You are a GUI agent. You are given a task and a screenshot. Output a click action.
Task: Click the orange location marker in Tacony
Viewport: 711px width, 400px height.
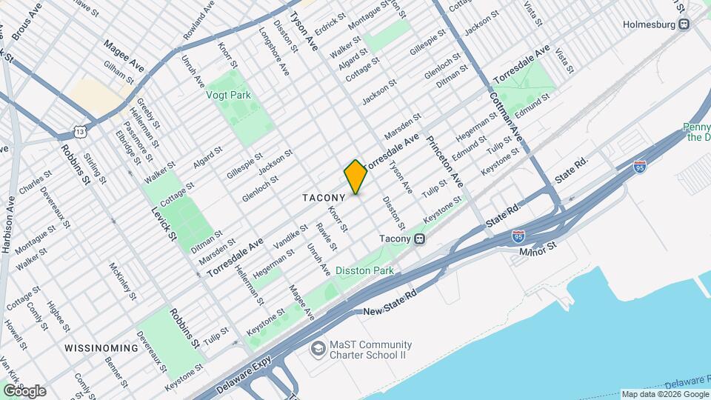(x=355, y=177)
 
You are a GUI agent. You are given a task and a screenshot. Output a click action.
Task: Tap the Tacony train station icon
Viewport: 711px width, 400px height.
(x=419, y=239)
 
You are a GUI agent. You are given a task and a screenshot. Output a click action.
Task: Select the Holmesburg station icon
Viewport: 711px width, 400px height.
(x=684, y=24)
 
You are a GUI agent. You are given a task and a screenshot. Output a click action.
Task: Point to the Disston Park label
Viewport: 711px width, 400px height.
(x=364, y=271)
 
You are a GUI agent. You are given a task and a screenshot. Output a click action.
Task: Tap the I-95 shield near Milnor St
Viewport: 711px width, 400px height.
(x=518, y=236)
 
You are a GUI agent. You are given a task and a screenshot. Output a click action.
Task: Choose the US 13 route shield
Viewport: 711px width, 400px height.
(x=80, y=131)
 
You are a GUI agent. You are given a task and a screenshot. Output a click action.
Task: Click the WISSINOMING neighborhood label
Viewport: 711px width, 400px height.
(x=101, y=347)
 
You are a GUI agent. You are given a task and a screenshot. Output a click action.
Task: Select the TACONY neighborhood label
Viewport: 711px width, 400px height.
(x=324, y=198)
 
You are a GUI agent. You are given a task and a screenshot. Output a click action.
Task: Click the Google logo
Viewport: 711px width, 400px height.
(x=24, y=390)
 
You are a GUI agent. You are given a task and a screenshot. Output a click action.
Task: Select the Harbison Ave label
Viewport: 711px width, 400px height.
(x=8, y=221)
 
